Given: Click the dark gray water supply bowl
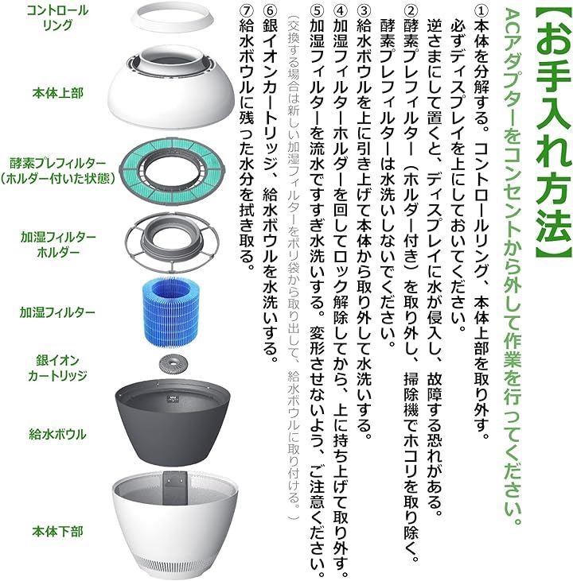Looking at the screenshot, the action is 172,422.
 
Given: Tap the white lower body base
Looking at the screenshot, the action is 174,530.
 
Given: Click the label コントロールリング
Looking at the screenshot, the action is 57,17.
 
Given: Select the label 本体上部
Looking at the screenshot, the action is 57,93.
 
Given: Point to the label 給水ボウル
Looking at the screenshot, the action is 57,434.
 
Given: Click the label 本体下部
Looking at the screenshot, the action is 57,532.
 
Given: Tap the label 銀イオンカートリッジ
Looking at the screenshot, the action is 57,367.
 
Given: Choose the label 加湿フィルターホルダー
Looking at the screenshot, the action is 58,245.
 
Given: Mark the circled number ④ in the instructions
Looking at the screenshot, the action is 341,10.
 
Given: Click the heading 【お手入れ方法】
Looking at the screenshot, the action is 553,132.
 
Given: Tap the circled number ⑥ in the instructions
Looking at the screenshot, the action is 270,10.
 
